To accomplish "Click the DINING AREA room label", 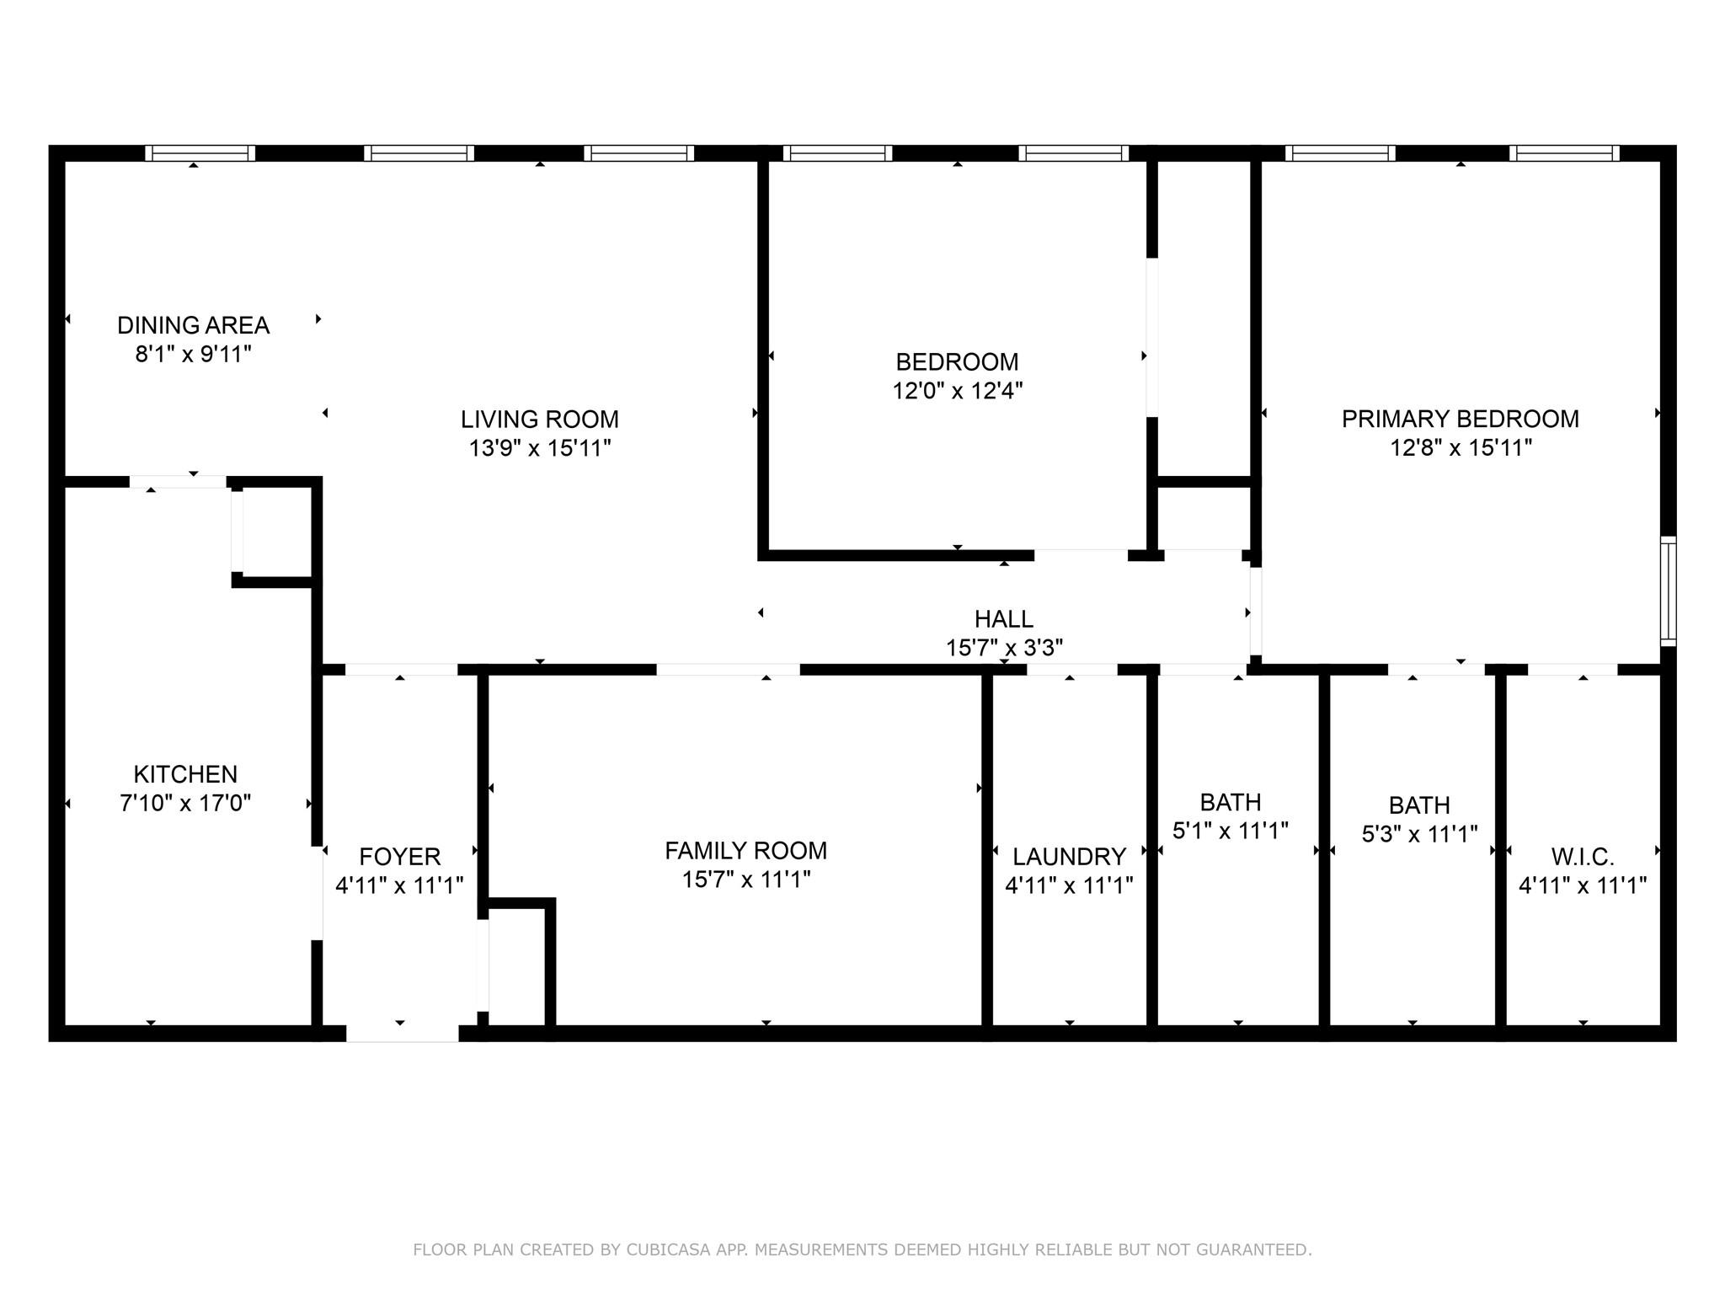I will (x=193, y=325).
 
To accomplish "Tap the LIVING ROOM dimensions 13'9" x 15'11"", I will (x=539, y=448).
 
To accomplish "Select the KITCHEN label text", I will (x=185, y=774).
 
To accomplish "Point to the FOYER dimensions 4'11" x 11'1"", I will (x=399, y=885).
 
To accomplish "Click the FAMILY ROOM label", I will (x=745, y=851).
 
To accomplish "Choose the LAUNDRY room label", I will (x=1069, y=857).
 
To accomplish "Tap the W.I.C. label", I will (x=1582, y=858).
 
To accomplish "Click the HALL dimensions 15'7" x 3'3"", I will (x=1004, y=648).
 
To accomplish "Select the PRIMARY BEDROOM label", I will (x=1460, y=419).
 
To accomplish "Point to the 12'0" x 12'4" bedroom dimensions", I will (x=957, y=391).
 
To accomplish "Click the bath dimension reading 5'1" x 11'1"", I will (x=1231, y=831).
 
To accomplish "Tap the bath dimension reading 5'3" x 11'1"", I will (x=1419, y=835).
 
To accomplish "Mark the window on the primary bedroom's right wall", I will (x=1668, y=591).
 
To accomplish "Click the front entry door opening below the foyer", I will (x=402, y=1033).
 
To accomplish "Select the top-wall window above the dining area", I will (x=200, y=153).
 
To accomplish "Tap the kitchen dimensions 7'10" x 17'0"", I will (x=185, y=803).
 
